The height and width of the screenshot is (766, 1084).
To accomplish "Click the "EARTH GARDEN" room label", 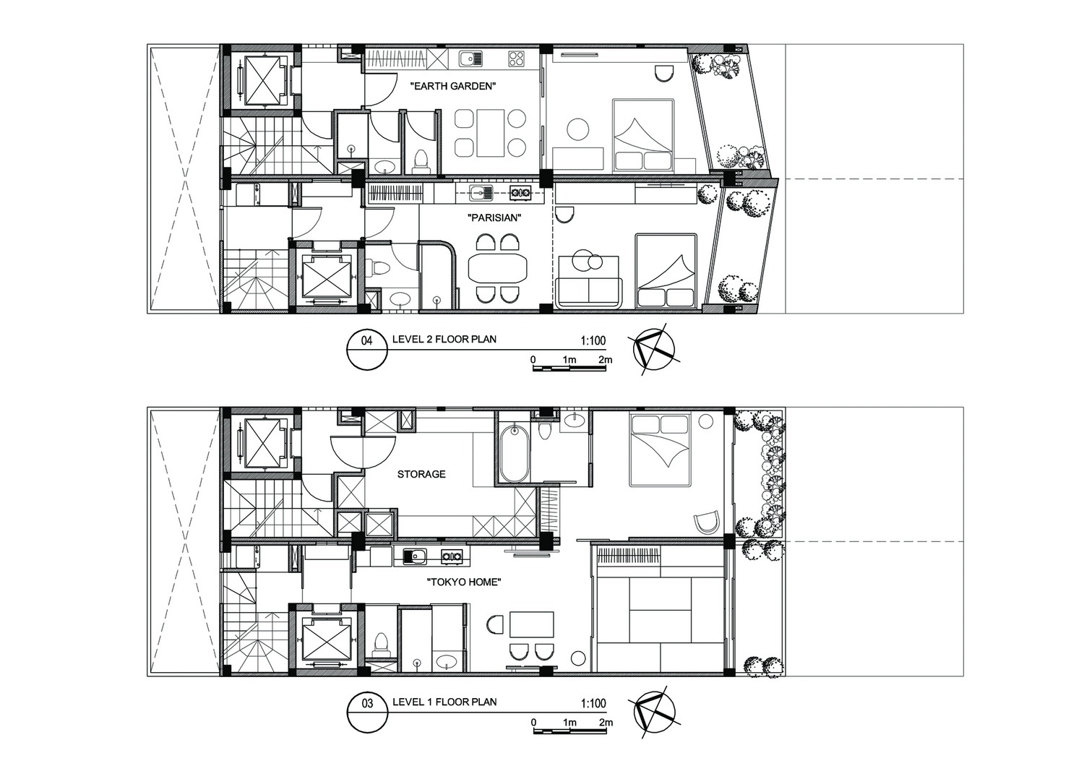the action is (x=453, y=87).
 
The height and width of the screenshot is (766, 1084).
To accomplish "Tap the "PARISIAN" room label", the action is (x=494, y=218).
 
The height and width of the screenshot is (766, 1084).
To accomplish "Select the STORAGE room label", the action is (x=421, y=474).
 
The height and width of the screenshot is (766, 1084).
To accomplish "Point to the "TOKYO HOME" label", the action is (x=464, y=582).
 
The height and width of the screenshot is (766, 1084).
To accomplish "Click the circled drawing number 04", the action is (x=367, y=341).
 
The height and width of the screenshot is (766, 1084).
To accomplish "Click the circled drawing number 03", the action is (x=367, y=703).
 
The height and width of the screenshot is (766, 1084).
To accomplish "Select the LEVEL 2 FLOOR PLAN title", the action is (x=444, y=339).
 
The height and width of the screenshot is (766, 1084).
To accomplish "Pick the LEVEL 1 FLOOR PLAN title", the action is (x=444, y=702).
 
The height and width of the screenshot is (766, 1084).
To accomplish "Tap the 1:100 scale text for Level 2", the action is (x=593, y=340).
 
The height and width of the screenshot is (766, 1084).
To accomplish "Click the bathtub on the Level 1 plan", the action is (x=513, y=453).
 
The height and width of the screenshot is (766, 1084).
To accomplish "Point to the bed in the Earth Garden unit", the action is (x=643, y=135).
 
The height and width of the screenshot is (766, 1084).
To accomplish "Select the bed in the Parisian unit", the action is (x=666, y=270).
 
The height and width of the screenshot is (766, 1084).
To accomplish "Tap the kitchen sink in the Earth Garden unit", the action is (x=470, y=59).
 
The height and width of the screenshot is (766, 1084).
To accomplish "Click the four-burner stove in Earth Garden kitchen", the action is (x=517, y=59).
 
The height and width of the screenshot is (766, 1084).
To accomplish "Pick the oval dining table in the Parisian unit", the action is (x=497, y=267).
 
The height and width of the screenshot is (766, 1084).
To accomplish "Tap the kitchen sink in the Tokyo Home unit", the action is (x=416, y=556).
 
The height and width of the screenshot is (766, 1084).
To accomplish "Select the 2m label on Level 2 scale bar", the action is (x=606, y=360).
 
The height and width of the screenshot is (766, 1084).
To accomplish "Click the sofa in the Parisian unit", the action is (x=589, y=292).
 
